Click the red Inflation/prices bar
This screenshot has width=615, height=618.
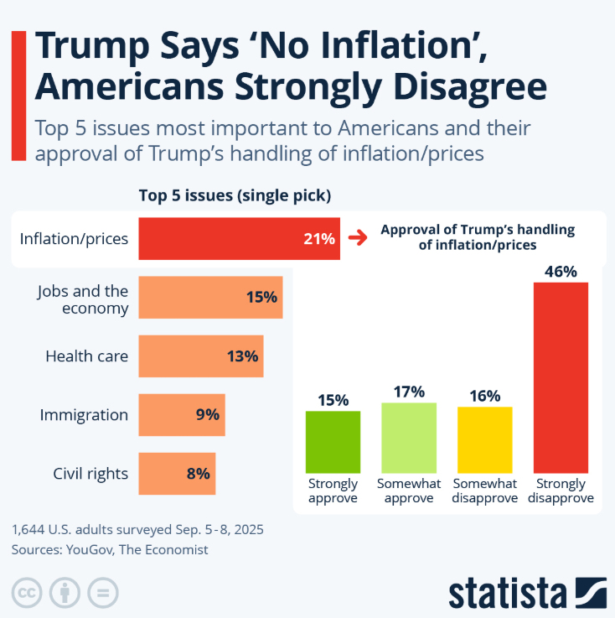pos(239,238)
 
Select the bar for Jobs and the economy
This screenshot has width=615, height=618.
pos(210,298)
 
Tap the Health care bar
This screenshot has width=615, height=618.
pos(201,356)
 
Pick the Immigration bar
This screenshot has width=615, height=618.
pos(182,415)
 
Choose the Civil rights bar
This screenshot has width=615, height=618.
pos(177,474)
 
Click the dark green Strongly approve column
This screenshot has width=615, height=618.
pos(333,441)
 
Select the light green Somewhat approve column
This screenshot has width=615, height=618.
pos(409,437)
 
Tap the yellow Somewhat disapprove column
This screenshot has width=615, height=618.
pos(484,439)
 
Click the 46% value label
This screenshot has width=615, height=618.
pos(561,272)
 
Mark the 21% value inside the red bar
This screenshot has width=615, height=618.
pos(319,239)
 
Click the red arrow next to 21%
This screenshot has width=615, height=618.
pos(358,238)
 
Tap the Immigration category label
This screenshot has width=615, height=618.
pos(85,415)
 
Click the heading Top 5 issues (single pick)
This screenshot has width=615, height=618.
pos(235,196)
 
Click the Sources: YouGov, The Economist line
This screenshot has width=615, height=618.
pos(110,550)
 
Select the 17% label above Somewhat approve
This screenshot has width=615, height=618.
pos(409,392)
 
